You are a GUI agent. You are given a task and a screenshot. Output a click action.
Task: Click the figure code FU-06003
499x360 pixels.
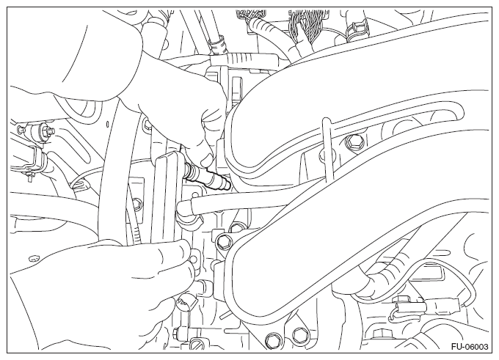(x=469, y=346)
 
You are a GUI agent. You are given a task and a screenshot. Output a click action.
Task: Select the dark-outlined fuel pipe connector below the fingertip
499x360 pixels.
(x=207, y=177)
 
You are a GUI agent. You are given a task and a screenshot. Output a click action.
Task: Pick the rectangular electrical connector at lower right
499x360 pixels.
(x=442, y=306)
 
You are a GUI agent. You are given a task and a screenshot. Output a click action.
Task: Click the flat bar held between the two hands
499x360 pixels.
(x=167, y=197)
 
